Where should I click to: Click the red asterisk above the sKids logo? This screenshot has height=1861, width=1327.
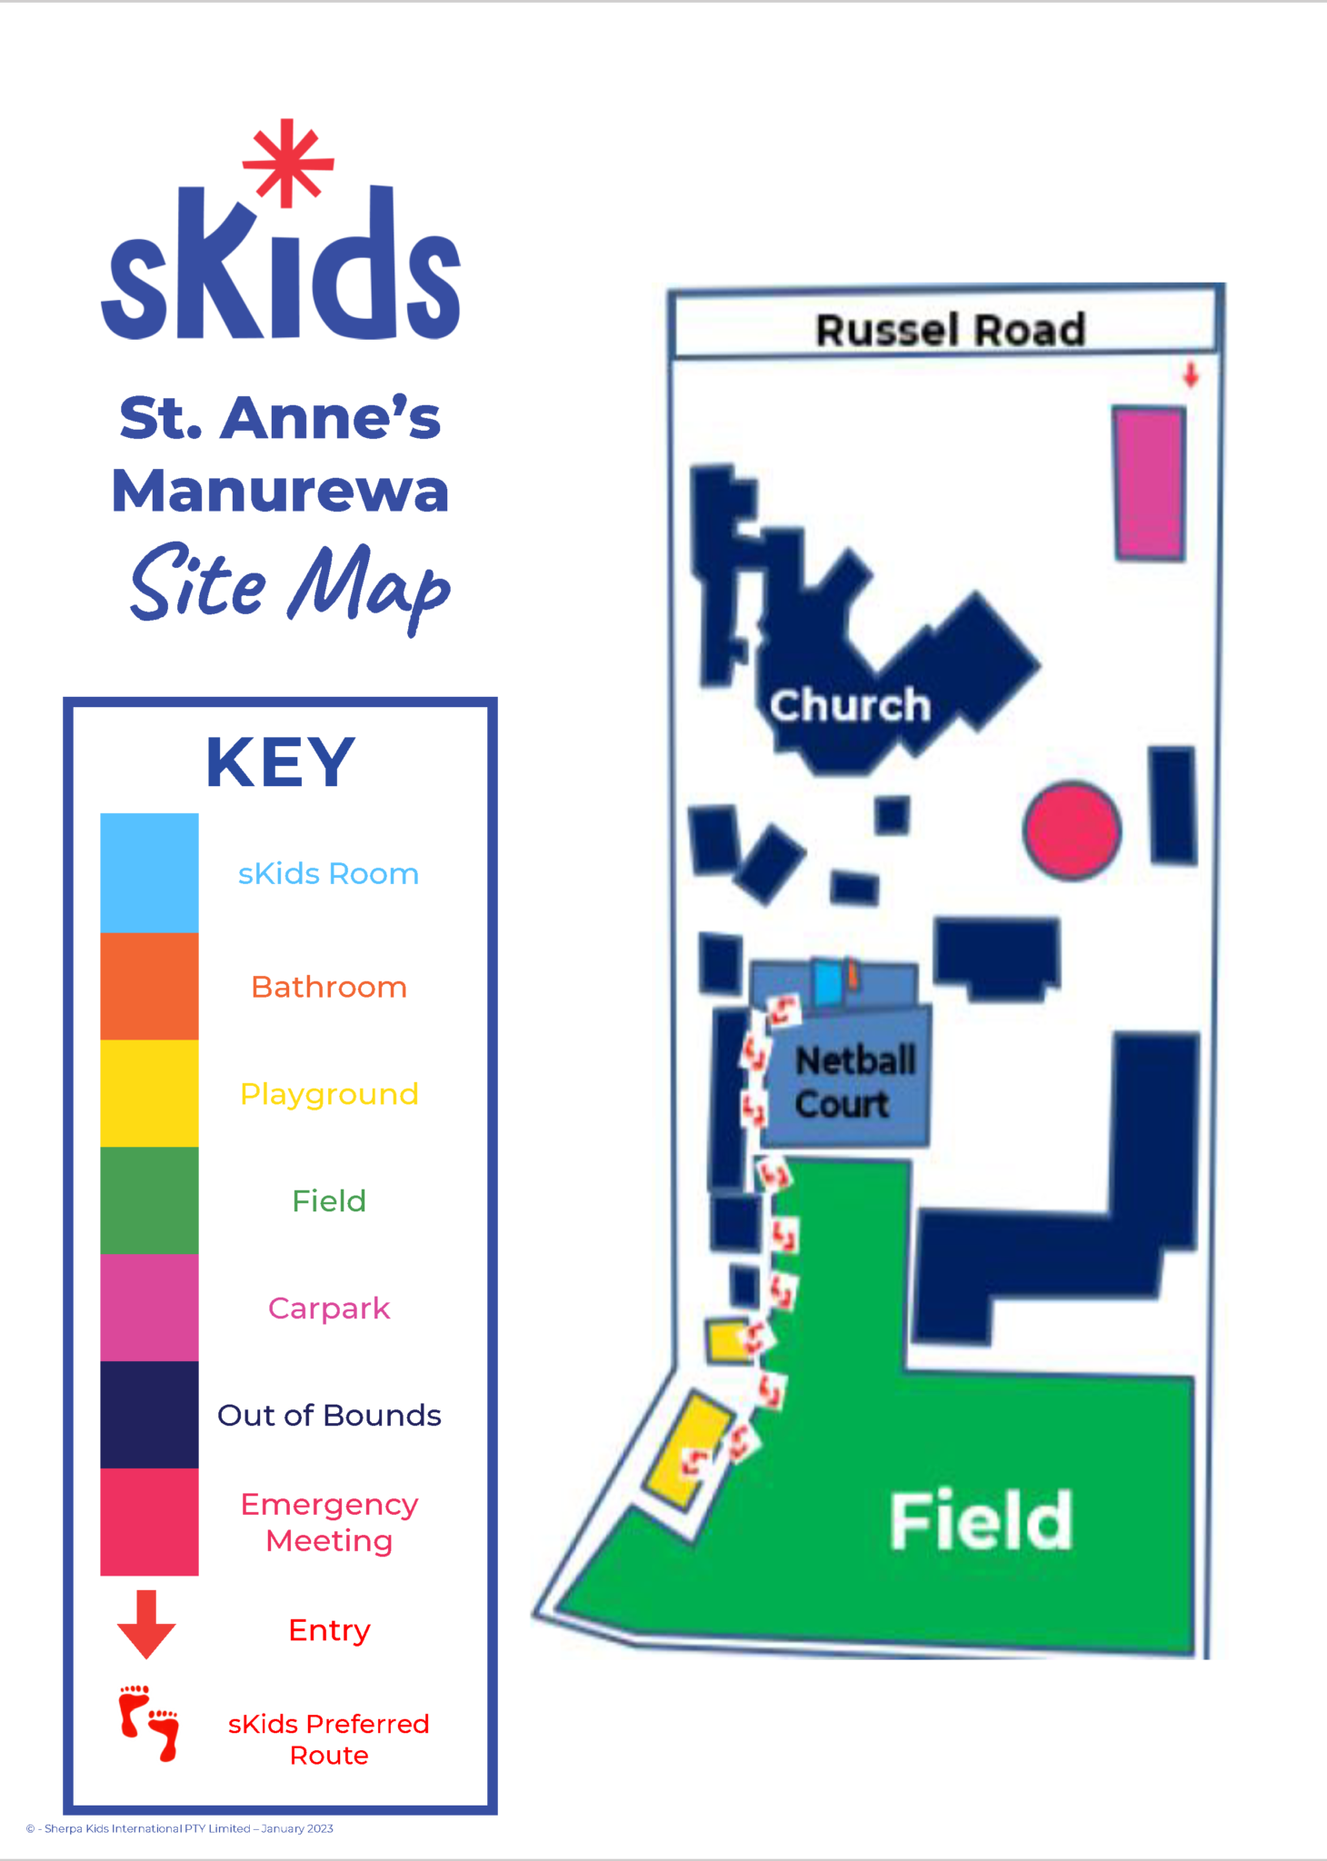pos(288,164)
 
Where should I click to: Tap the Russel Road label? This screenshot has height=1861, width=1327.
pos(950,329)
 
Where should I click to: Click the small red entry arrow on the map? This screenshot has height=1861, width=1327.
pos(1191,374)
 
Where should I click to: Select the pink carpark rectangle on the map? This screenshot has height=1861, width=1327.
pos(1150,483)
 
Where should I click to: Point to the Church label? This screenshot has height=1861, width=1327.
pos(850,705)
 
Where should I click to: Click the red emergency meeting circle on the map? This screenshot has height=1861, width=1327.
pos(1073,830)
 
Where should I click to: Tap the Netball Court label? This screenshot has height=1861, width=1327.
pos(854,1082)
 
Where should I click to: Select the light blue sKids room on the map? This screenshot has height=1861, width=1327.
pos(828,983)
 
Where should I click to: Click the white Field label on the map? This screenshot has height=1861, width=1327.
pos(981,1520)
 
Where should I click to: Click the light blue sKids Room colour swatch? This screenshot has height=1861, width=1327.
pos(149,872)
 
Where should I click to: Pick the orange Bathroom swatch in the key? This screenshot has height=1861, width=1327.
pos(149,986)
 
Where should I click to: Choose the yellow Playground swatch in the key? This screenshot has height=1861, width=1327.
pos(149,1093)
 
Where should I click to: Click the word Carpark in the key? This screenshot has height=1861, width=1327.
pos(329,1308)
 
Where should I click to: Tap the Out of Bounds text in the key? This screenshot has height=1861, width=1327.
pos(329,1415)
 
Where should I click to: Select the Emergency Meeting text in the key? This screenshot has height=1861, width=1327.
pos(329,1522)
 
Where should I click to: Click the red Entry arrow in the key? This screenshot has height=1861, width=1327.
pos(146,1624)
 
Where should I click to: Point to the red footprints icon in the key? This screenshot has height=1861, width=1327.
pos(149,1724)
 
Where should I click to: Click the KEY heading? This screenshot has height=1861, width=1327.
pos(280,762)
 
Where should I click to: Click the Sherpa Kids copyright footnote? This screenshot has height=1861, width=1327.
pos(180,1828)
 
